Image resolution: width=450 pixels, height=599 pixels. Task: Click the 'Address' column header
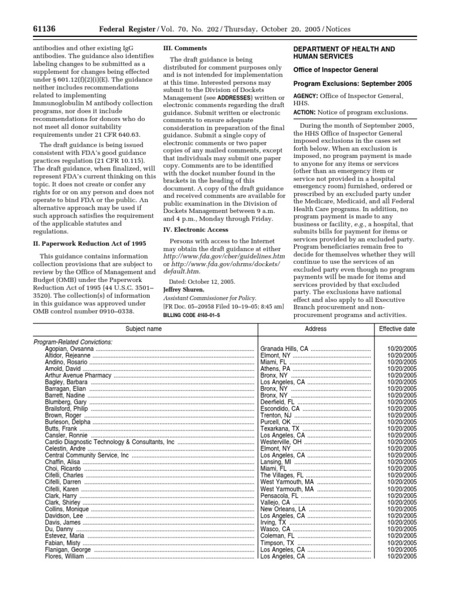[316, 329]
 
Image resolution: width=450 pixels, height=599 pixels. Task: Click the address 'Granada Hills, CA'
[284, 349]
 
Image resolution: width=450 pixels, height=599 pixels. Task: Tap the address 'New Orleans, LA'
[282, 509]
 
